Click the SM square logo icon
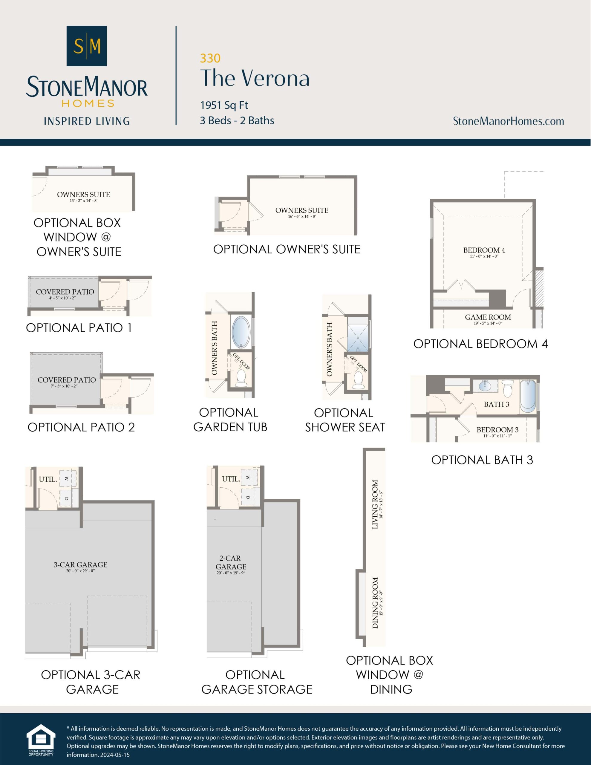[x=87, y=46]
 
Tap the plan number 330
[x=210, y=58]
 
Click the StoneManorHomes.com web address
[x=508, y=121]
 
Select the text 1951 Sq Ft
[x=224, y=105]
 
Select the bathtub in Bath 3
[x=528, y=396]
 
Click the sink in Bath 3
[x=485, y=386]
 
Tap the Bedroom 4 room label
[x=484, y=250]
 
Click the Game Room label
[x=488, y=317]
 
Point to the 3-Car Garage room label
[x=80, y=565]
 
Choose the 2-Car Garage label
[x=231, y=562]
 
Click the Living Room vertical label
[x=375, y=504]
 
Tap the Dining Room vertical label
[x=375, y=603]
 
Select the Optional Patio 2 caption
[x=81, y=427]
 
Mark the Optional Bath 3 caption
[x=482, y=460]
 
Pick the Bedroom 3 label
[x=497, y=430]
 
